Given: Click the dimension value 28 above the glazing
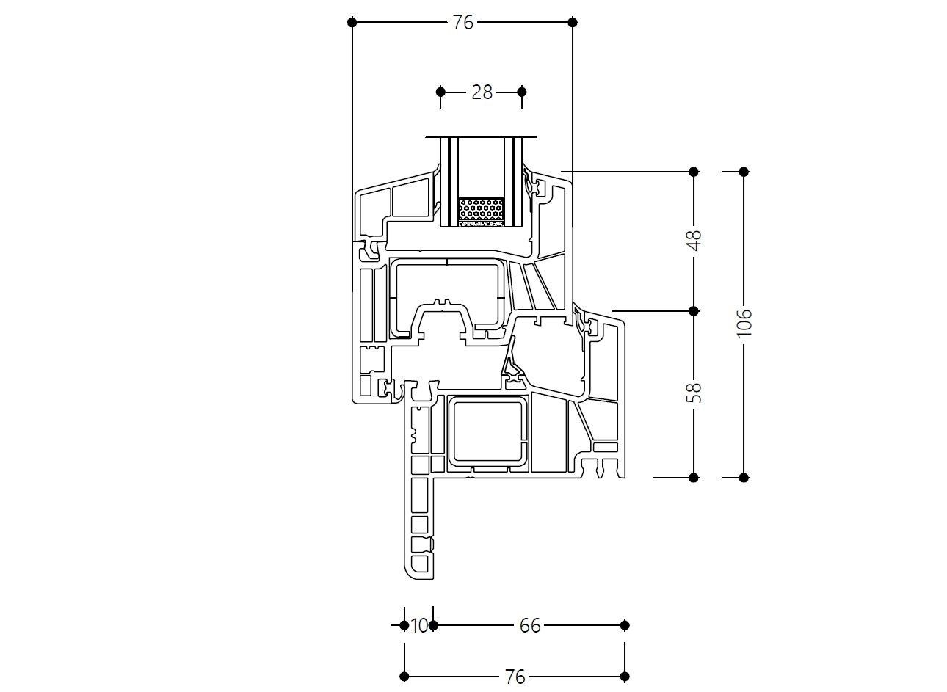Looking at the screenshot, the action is point(482,92).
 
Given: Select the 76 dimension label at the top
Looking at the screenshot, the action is point(463,23).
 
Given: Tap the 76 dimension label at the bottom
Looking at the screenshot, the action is point(515,677).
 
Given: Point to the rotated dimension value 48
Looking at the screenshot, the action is point(694,240).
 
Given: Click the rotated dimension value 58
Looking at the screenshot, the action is point(694,393).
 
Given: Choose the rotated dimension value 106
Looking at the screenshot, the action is point(744,323).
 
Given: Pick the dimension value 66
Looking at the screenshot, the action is point(530,626).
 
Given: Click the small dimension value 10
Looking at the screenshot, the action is point(419,626).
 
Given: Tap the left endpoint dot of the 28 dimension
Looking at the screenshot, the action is point(440,92).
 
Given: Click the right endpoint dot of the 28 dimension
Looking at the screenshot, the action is point(522,92).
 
